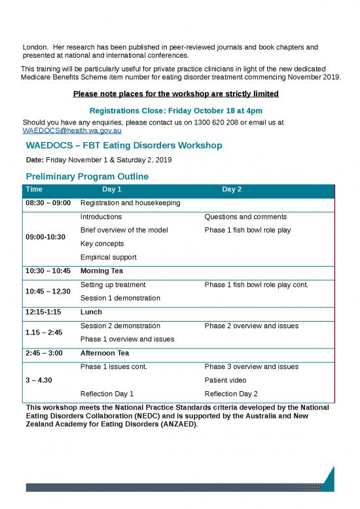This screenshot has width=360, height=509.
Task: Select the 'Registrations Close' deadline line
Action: [x=175, y=110]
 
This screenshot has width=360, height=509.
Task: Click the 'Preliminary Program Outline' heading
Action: [x=87, y=177]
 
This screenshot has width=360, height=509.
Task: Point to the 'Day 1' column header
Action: [x=112, y=189]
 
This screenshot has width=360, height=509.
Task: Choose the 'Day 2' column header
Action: [x=232, y=189]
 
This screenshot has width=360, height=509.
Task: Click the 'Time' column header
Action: [x=34, y=189]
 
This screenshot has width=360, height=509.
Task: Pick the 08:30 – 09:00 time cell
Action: [x=48, y=204]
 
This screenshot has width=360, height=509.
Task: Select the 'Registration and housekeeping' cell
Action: [x=130, y=204]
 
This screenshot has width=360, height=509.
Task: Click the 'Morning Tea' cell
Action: [x=103, y=271]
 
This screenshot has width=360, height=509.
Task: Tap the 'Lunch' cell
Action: [x=91, y=312]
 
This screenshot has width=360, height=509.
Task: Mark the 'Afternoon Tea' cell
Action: [x=105, y=353]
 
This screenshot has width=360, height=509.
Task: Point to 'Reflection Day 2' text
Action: [x=231, y=394]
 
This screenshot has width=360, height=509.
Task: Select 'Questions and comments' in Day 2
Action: [x=245, y=217]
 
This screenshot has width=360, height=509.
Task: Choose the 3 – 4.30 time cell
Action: [x=39, y=380]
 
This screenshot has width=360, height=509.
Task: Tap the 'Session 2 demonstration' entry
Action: [x=120, y=326]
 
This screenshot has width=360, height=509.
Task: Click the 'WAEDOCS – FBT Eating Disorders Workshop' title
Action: [x=124, y=145]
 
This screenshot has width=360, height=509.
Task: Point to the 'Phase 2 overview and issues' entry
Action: [x=251, y=326]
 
